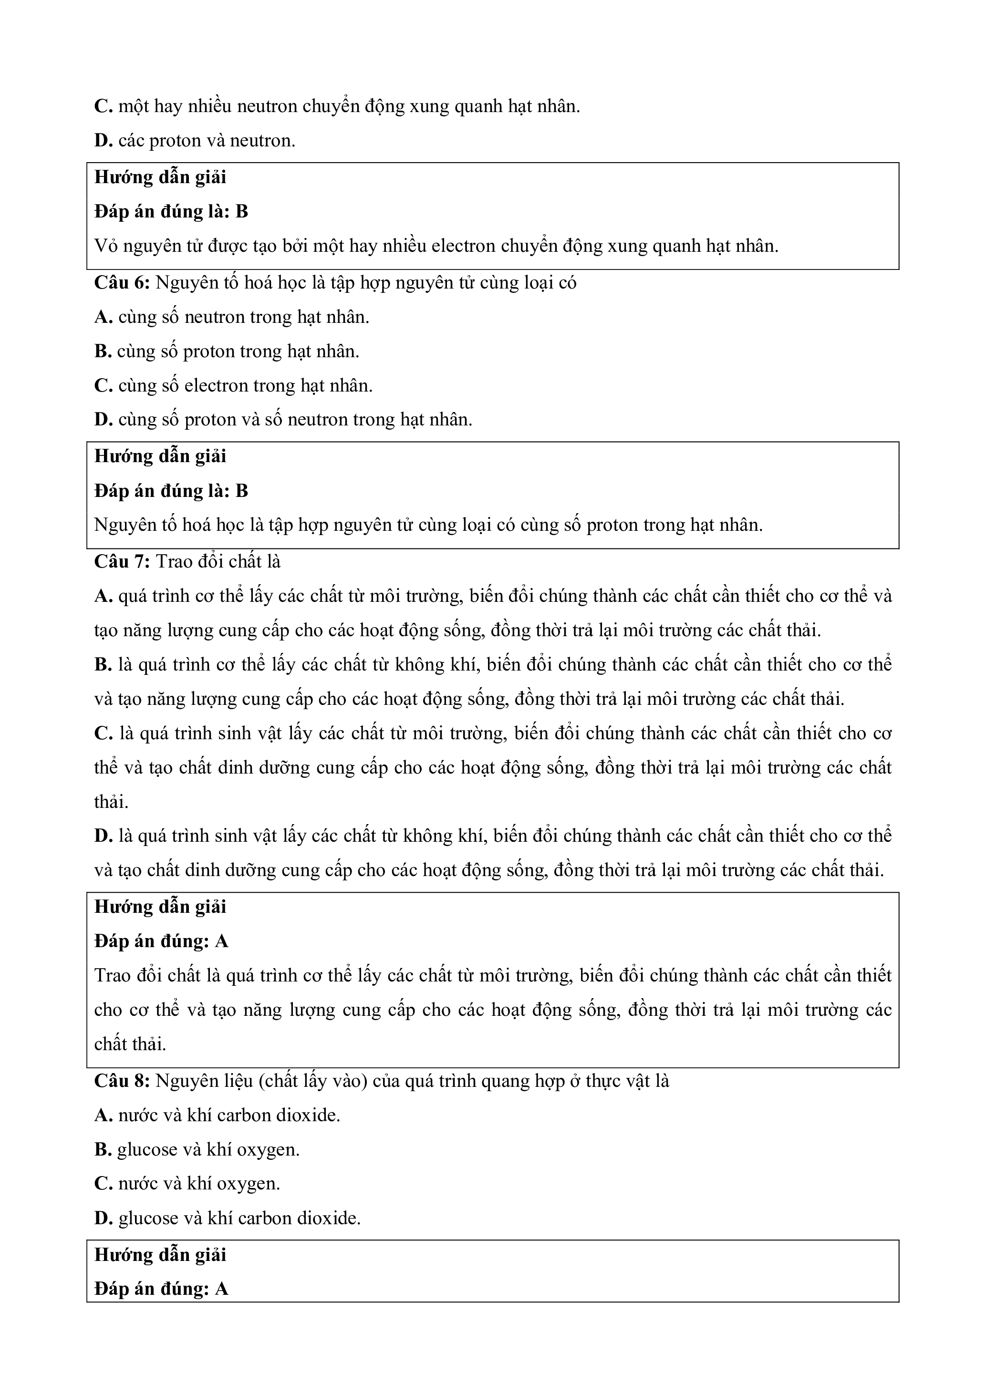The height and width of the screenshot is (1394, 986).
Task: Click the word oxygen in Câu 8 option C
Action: [x=247, y=1185]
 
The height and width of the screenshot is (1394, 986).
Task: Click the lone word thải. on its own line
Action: [x=111, y=803]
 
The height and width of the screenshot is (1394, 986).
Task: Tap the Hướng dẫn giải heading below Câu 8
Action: [x=160, y=1255]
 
